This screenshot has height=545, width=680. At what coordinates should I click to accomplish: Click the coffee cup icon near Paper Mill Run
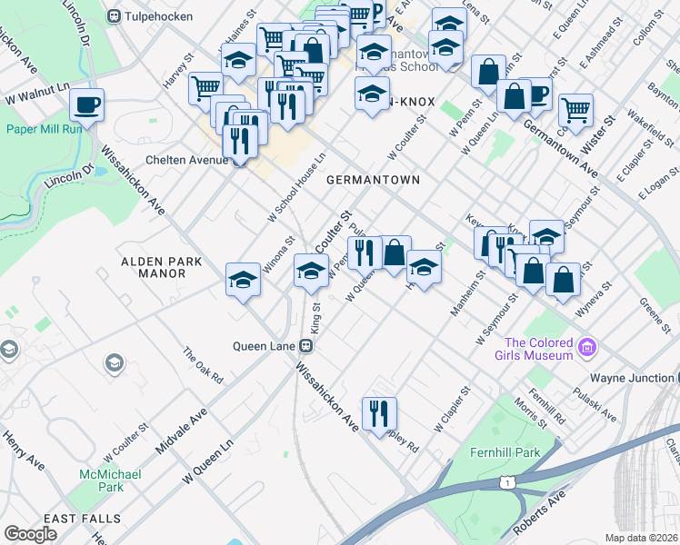(86, 104)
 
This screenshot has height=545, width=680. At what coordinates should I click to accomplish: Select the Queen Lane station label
(267, 345)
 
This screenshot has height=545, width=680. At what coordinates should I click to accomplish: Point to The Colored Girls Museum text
(539, 349)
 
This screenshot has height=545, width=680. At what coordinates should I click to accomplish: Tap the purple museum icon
(586, 347)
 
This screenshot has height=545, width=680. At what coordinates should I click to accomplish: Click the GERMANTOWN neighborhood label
(374, 180)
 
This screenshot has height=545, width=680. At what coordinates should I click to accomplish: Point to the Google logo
(31, 534)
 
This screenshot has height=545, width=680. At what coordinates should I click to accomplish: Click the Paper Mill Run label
(45, 128)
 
